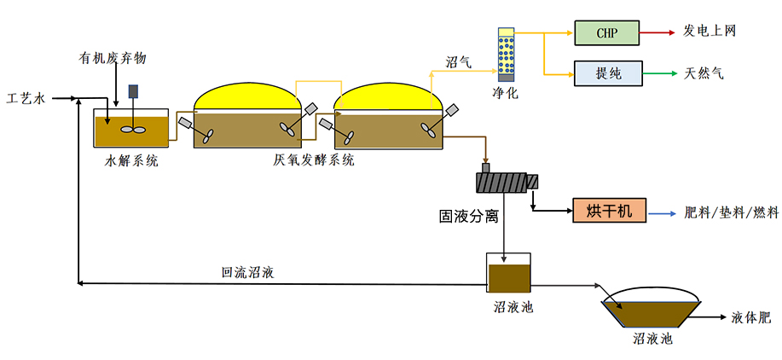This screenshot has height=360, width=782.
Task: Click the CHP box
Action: coord(606,33)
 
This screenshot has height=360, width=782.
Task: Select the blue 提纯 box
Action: coord(606,73)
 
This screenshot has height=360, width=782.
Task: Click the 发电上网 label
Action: coord(710,32)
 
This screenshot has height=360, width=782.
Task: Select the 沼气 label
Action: coord(459,62)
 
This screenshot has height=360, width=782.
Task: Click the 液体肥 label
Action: coord(750,317)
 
